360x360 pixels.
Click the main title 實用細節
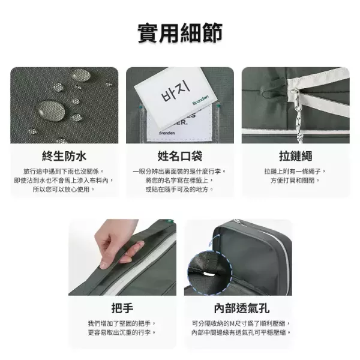180,32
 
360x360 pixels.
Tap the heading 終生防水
64,157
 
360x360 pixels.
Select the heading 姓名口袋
179,157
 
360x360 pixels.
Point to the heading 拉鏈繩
295,157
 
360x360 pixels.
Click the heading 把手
122,309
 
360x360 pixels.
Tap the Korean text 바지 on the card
173,95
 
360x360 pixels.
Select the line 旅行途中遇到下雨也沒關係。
64,171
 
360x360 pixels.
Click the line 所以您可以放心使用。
64,189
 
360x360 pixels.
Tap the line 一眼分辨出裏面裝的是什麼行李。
179,171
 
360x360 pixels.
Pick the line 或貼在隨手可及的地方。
179,189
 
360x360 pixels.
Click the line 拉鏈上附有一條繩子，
295,171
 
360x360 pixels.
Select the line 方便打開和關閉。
295,180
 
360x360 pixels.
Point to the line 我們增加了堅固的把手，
122,323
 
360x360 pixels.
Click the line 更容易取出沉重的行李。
122,332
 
